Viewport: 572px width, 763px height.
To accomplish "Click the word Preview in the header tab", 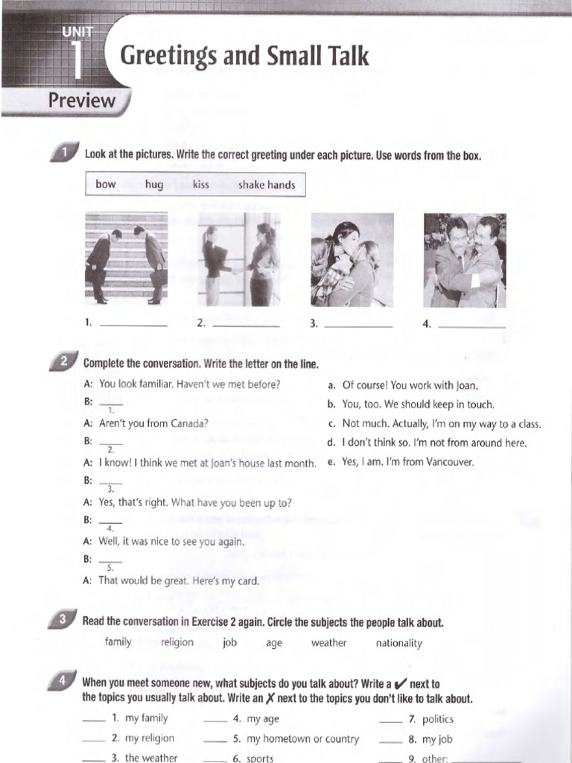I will [82, 101].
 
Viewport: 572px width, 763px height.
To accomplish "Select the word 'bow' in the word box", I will [106, 184].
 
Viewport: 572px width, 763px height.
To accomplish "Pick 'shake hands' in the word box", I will [267, 185].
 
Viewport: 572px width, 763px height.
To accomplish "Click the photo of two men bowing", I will [125, 259].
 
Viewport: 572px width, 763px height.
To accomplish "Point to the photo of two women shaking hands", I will [238, 259].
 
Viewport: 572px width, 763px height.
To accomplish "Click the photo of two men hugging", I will [465, 260].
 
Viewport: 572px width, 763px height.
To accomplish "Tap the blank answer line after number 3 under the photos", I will [358, 325].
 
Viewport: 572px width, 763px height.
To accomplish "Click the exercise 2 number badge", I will [64, 362].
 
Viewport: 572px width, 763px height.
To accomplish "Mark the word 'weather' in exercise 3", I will [328, 642].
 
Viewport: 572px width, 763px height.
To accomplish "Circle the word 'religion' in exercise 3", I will [177, 642].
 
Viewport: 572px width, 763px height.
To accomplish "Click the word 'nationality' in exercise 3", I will [398, 643].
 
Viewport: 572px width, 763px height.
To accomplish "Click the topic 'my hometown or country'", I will [302, 739].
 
